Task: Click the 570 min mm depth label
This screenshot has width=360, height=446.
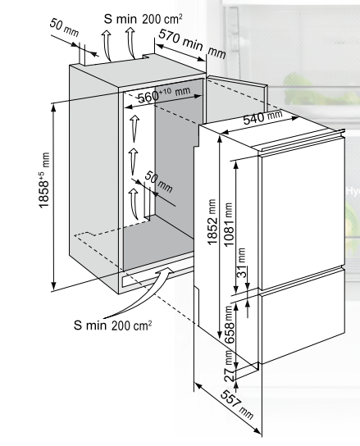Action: click(192, 43)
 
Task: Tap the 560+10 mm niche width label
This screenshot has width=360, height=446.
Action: click(164, 94)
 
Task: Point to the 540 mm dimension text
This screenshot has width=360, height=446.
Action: click(262, 117)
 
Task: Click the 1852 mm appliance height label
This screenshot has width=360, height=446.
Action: click(212, 222)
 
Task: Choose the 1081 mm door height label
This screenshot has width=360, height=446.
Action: click(229, 225)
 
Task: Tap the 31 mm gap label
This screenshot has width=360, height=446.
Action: click(241, 263)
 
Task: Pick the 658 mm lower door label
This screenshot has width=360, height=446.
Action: click(230, 325)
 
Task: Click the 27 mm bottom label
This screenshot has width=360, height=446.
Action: click(230, 366)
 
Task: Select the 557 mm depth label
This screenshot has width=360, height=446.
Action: click(236, 405)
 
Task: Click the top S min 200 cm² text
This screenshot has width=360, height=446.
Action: click(144, 19)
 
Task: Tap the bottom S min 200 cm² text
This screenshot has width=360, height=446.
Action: click(112, 325)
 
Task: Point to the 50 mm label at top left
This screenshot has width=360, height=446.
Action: click(64, 28)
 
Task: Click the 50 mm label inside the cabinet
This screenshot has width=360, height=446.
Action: click(158, 182)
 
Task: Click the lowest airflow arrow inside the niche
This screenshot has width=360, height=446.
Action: click(133, 203)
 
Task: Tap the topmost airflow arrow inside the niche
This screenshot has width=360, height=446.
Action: click(134, 129)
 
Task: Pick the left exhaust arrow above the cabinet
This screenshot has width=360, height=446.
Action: click(107, 45)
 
